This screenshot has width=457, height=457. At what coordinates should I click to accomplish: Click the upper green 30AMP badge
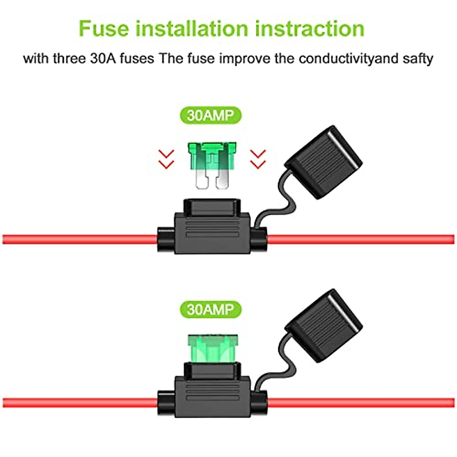(x=210, y=115)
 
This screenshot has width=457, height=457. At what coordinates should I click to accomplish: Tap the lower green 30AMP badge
(x=210, y=309)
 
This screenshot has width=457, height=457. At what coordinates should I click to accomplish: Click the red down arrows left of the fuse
(x=166, y=159)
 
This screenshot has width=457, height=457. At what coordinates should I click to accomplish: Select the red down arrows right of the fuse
(x=258, y=159)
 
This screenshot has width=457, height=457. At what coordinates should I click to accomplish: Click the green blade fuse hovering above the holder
(x=212, y=156)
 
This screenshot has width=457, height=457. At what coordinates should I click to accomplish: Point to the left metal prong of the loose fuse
(x=201, y=179)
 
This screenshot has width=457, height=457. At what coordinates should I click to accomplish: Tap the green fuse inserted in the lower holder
(x=212, y=348)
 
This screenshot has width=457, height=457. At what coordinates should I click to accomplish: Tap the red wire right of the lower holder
(x=362, y=403)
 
